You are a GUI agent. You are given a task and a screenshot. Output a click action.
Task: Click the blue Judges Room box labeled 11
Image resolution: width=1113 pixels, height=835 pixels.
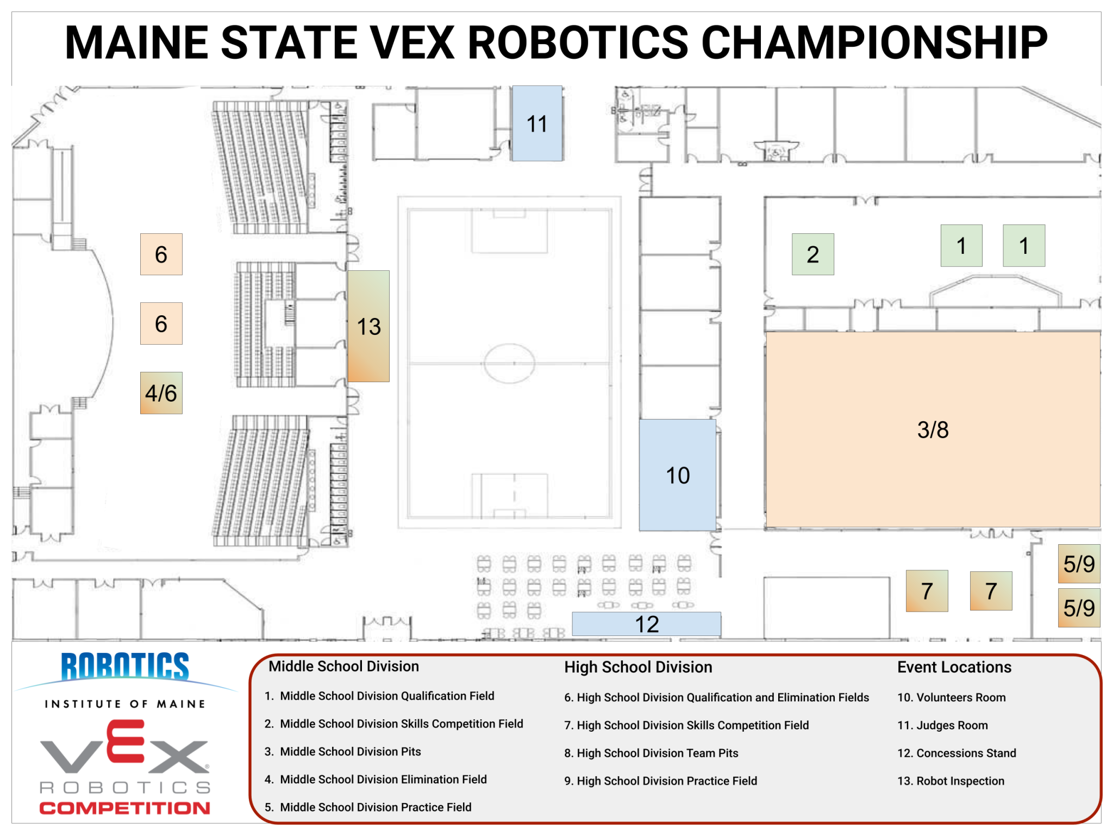pyautogui.click(x=537, y=123)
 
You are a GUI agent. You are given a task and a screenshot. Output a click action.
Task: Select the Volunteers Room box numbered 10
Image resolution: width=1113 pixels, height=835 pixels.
pyautogui.click(x=677, y=475)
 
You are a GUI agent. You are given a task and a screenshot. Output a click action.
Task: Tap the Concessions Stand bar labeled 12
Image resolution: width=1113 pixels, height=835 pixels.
pyautogui.click(x=646, y=624)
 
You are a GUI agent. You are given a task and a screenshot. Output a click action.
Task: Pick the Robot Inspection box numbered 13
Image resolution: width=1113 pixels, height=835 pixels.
pyautogui.click(x=368, y=326)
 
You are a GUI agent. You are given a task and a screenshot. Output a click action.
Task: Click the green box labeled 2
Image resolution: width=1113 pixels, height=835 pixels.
pyautogui.click(x=812, y=254)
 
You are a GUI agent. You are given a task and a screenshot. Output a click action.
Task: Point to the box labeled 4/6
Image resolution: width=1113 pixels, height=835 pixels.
pyautogui.click(x=161, y=393)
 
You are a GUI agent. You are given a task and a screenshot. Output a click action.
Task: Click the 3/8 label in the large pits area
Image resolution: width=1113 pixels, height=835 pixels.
pyautogui.click(x=933, y=429)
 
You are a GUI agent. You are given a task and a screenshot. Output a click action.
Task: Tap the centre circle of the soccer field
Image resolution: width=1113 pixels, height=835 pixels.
pyautogui.click(x=509, y=363)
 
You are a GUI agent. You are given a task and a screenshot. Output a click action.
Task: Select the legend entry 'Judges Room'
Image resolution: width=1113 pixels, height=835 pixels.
pyautogui.click(x=942, y=725)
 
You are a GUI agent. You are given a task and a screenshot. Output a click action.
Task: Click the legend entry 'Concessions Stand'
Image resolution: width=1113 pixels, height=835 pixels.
pyautogui.click(x=956, y=753)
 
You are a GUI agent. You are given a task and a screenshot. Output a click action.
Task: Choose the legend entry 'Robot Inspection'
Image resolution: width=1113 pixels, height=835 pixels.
pyautogui.click(x=951, y=781)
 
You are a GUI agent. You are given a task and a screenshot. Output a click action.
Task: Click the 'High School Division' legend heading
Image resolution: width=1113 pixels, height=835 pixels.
pyautogui.click(x=638, y=667)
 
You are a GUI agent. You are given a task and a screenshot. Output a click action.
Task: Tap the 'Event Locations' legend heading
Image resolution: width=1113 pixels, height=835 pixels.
pyautogui.click(x=954, y=667)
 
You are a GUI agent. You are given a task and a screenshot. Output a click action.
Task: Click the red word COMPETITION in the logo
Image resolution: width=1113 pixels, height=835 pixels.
pyautogui.click(x=124, y=808)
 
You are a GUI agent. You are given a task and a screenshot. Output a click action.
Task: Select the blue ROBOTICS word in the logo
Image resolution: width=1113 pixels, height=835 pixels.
pyautogui.click(x=125, y=666)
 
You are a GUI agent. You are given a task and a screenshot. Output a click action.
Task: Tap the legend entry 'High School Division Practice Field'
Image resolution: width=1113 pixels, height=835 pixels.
pyautogui.click(x=661, y=781)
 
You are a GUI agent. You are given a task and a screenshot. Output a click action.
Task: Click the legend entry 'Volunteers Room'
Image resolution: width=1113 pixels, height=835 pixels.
pyautogui.click(x=951, y=697)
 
